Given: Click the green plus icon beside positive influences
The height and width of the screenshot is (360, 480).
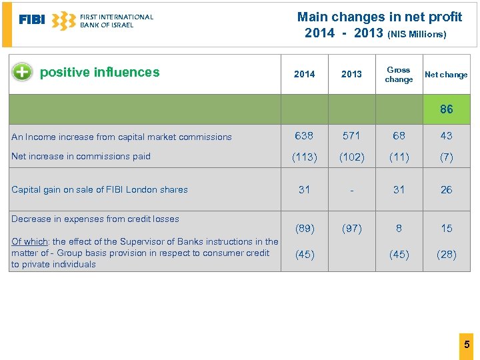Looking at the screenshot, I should coord(22,72).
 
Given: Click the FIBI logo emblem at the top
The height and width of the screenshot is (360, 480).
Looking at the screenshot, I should coord(63,21).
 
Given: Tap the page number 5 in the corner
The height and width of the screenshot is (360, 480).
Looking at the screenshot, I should coord(467,345).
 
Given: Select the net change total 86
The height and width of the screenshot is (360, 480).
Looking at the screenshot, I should coord(446,109).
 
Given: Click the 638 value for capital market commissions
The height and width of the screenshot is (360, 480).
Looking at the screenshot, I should coord(304,136).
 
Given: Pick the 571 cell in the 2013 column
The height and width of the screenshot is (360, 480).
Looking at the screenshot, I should coord(351,136).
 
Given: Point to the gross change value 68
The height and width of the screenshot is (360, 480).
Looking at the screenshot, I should coord(399,136).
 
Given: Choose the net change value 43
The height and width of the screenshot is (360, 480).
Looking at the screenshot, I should coord(446,136).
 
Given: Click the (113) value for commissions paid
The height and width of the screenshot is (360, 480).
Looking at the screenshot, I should coord(304,157).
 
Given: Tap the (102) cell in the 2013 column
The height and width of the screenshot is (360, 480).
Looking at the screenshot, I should coord(351,157).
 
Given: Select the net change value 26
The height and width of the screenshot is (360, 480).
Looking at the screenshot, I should coord(446,190).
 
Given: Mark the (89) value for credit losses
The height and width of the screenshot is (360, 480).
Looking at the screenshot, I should coord(304,228).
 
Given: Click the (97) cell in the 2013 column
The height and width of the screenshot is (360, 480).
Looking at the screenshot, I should coord(351,228).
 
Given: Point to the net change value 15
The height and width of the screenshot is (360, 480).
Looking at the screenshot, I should coord(446,228).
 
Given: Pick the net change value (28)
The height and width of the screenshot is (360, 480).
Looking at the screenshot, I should coord(446,255).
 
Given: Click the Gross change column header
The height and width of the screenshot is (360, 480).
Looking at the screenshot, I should coord(399,75).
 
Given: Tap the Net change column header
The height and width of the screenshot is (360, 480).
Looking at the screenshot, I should coord(446,75).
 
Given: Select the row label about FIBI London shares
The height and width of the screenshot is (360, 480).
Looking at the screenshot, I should coord(99,190).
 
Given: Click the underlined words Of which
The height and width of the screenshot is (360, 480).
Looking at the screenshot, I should coord(29,241).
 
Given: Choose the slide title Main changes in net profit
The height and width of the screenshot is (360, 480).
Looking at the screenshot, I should coord(379,17).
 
